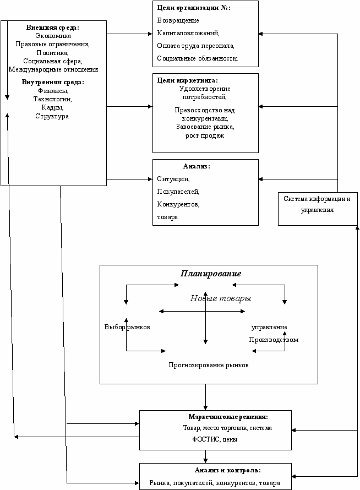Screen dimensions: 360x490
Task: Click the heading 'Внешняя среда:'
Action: coord(52,28)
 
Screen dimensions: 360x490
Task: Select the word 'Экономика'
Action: coord(53,36)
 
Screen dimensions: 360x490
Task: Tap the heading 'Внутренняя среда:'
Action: coord(53,82)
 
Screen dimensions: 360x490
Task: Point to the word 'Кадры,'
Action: coord(52,107)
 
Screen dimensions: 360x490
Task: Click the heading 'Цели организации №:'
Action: coord(194,8)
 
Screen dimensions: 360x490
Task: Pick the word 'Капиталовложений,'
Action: coord(188,33)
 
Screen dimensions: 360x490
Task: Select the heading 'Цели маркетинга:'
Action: coord(188,80)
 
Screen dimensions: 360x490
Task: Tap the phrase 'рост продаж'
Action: coord(205,135)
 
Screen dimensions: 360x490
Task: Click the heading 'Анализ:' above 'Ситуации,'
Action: coord(197,166)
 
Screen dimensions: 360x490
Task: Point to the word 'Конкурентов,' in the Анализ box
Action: coord(178,204)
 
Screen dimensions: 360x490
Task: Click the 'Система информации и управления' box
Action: coord(318,209)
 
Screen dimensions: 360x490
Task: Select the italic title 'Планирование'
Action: coord(211,274)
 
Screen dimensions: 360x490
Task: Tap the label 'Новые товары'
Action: coord(221,298)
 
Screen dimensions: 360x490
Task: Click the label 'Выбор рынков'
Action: coord(127,327)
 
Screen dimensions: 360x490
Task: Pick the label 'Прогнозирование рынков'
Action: coord(209,365)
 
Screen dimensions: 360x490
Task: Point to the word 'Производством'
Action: coord(274,340)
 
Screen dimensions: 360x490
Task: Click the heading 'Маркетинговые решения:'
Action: coord(228,417)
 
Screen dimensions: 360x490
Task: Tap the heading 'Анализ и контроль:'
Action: coord(228,470)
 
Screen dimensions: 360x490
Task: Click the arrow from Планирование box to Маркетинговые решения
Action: coord(205,397)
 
